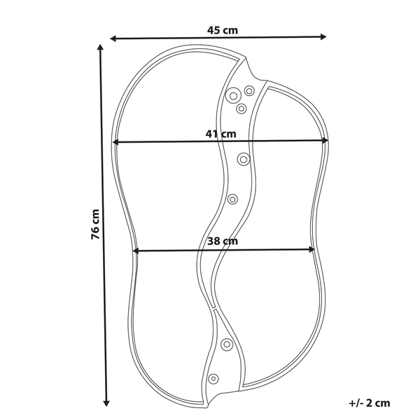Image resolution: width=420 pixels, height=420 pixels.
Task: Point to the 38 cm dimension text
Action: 223,241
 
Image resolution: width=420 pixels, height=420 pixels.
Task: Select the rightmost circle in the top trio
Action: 249,90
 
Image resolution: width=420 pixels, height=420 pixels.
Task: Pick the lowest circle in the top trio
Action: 241,108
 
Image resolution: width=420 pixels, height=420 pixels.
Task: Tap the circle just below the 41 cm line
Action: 244,160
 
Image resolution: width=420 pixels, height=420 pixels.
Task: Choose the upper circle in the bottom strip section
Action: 227,344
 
